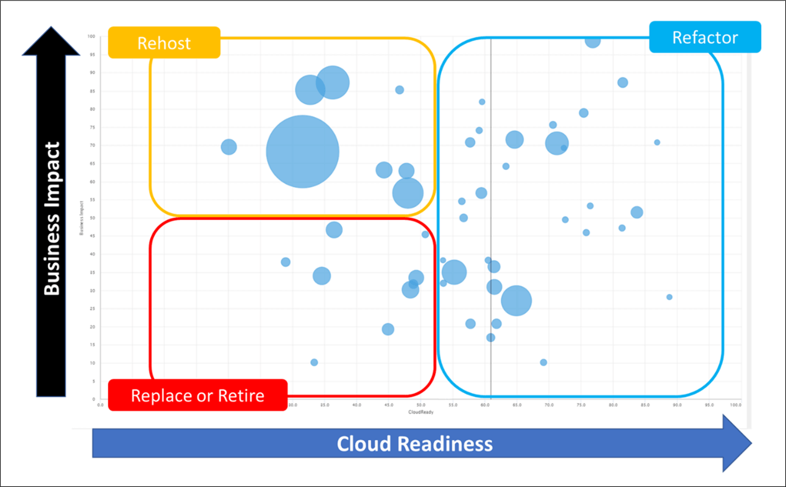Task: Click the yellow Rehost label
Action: click(x=164, y=43)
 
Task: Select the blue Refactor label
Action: click(x=704, y=37)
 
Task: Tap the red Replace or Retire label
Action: click(x=197, y=396)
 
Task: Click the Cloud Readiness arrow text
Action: click(x=415, y=443)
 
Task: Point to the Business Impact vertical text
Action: click(x=52, y=218)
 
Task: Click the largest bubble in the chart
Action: click(x=303, y=152)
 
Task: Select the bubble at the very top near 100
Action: click(x=592, y=40)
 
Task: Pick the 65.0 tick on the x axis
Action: click(x=517, y=405)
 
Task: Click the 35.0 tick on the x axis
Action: click(x=325, y=405)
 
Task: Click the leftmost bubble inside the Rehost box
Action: click(x=228, y=147)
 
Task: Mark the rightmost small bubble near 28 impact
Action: click(x=669, y=297)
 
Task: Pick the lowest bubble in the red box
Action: click(x=314, y=362)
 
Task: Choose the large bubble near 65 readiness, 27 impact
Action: click(x=516, y=300)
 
